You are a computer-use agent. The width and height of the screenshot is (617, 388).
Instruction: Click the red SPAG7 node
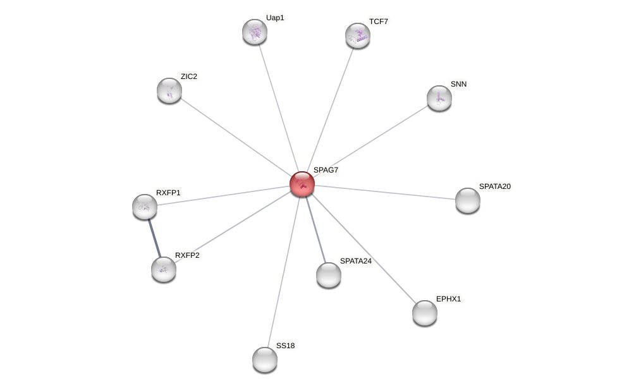tap(302, 184)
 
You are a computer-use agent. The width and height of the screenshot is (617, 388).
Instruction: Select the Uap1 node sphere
tap(255, 32)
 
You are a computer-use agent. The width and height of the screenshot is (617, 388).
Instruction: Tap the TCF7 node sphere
tap(358, 35)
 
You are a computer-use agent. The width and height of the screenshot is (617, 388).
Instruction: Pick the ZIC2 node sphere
tap(169, 90)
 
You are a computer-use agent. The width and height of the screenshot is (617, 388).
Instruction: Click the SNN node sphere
tap(439, 98)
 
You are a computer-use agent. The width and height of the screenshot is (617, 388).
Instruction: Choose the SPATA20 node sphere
tap(468, 200)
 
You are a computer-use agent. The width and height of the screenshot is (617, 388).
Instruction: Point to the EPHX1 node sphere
tap(425, 313)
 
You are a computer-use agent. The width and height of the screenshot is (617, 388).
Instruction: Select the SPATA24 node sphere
tap(329, 275)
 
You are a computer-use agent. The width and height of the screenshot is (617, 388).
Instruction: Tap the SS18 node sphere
tap(265, 360)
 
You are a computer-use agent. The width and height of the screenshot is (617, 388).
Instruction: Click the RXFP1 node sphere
tap(145, 207)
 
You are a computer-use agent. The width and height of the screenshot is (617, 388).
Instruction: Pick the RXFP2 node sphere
tap(164, 269)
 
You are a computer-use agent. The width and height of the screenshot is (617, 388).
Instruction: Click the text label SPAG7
tap(326, 170)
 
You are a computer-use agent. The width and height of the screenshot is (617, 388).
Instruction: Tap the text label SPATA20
tap(494, 186)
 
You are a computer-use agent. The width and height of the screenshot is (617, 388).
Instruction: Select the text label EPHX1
tap(449, 299)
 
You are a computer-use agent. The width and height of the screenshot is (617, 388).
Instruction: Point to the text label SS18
tap(285, 346)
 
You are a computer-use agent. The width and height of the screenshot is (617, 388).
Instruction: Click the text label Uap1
tap(275, 18)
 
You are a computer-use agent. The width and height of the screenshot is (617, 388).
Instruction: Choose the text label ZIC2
tap(188, 76)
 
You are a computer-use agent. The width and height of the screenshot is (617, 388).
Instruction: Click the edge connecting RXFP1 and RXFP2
tap(154, 238)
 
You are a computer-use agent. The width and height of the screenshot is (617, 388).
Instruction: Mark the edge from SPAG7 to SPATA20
tap(386, 192)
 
